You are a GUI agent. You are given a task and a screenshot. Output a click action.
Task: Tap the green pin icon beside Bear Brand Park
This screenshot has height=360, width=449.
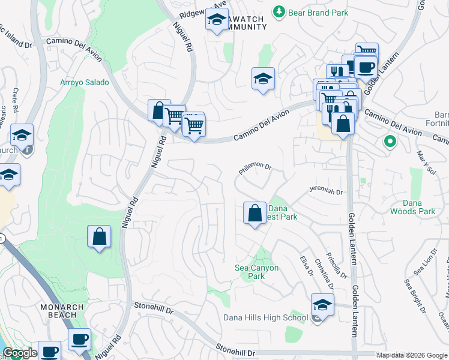tap(279, 11)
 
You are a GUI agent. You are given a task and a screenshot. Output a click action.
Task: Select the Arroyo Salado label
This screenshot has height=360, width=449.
tap(85, 82)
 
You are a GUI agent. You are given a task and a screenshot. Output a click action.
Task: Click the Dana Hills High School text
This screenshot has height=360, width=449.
tap(265, 317)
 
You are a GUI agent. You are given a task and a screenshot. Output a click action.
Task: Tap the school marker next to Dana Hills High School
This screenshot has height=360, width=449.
tap(322, 305)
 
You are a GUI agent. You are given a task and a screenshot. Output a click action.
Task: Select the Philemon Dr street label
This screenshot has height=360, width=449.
tap(256, 170)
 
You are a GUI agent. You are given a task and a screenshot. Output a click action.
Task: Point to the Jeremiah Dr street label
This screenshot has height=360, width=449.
tap(325, 191)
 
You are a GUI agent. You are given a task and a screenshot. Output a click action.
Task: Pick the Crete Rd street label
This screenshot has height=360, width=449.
tap(16, 98)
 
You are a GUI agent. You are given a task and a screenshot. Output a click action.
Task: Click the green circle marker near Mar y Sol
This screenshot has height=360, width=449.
tap(390, 142)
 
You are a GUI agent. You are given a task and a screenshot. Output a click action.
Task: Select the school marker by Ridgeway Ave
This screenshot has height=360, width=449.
tap(217, 21)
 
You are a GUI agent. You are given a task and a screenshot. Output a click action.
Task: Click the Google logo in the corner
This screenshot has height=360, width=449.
tap(20, 353)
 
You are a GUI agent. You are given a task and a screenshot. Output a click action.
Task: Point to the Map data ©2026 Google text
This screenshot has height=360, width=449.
tap(411, 355)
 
